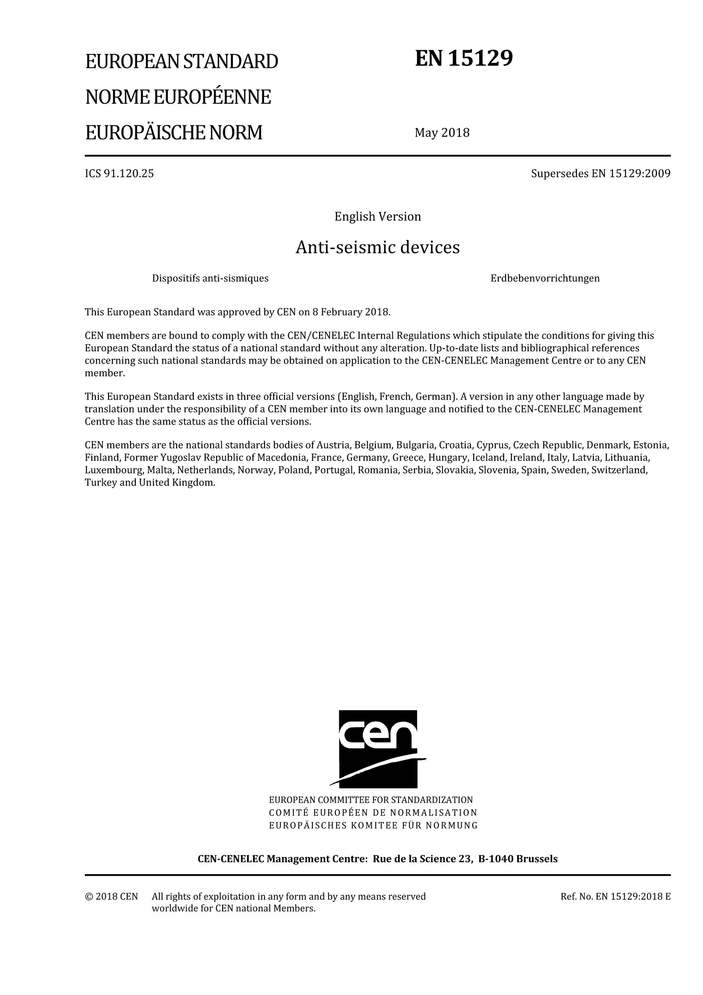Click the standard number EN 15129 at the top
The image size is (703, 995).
click(464, 58)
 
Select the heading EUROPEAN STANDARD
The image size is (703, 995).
click(181, 62)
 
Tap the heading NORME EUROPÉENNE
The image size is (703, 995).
click(178, 97)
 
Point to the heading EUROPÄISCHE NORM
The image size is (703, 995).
click(174, 132)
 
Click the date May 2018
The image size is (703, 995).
click(442, 132)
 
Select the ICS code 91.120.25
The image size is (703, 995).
click(120, 173)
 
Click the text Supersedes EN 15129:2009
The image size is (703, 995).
click(601, 173)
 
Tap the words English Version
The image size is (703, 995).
click(377, 216)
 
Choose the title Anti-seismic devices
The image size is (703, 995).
click(377, 247)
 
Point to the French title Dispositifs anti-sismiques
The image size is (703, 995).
click(210, 278)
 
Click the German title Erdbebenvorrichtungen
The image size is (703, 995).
click(545, 278)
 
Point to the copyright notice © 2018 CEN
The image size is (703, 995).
click(111, 897)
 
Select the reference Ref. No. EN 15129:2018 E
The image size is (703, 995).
click(615, 897)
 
